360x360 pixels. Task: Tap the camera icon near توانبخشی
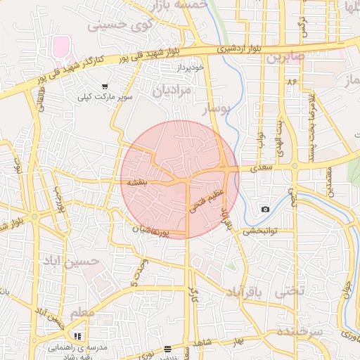pyautogui.click(x=265, y=209)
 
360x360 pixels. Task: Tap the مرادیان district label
pyautogui.click(x=171, y=91)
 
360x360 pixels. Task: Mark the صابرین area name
pyautogui.click(x=285, y=57)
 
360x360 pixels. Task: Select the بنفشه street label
pyautogui.click(x=137, y=181)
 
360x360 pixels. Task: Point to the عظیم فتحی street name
pyautogui.click(x=206, y=199)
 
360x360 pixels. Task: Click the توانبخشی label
pyautogui.click(x=260, y=231)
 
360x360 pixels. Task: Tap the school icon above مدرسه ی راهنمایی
pyautogui.click(x=77, y=336)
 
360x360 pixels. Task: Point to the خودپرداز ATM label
pyautogui.click(x=190, y=67)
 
